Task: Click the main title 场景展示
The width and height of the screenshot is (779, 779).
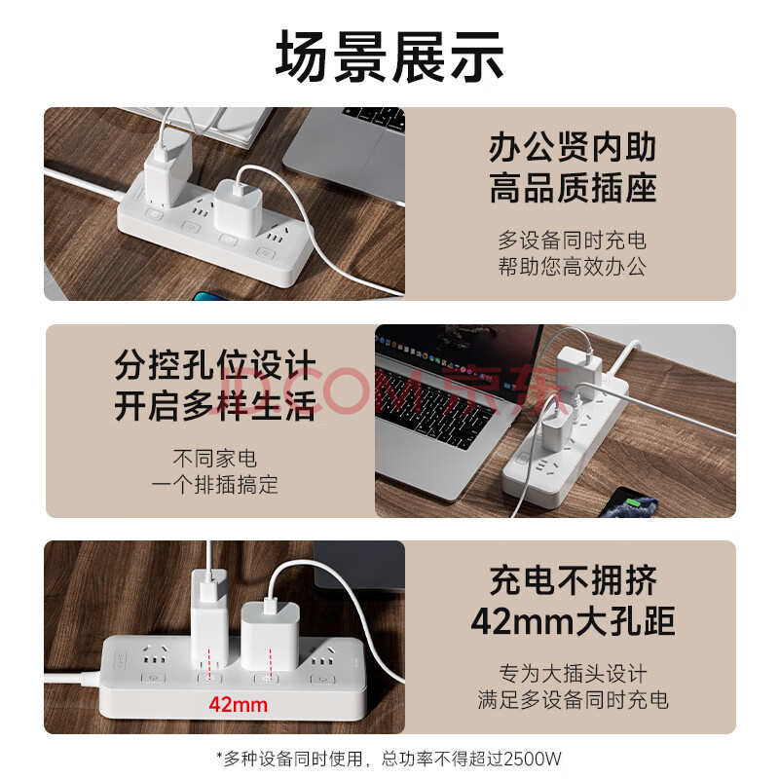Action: point(389,56)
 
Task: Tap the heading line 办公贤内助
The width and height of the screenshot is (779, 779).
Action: point(573,148)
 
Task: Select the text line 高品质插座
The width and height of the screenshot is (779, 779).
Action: point(573,188)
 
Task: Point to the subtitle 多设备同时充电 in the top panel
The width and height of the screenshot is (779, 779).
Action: point(572,241)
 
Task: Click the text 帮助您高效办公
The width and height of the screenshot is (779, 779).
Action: point(572,267)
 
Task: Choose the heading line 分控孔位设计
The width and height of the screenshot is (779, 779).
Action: point(215,365)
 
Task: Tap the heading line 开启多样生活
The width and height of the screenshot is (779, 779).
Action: point(215,406)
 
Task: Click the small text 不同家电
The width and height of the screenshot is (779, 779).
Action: point(214,458)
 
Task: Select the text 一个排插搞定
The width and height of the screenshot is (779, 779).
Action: point(214,484)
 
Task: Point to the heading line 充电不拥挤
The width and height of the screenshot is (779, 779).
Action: point(573,580)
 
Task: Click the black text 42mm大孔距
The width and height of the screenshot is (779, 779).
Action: point(573,621)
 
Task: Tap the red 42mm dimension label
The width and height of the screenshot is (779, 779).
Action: point(238,704)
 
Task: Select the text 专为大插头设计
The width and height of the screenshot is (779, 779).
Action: point(573,674)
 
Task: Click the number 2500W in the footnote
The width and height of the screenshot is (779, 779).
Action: point(532,760)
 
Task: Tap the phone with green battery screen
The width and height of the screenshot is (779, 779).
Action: point(628,502)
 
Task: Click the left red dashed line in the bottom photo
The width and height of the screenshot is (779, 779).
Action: point(209,663)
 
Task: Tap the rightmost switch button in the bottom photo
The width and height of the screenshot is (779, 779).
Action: point(323,680)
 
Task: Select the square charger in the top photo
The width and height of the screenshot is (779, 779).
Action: point(238,208)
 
